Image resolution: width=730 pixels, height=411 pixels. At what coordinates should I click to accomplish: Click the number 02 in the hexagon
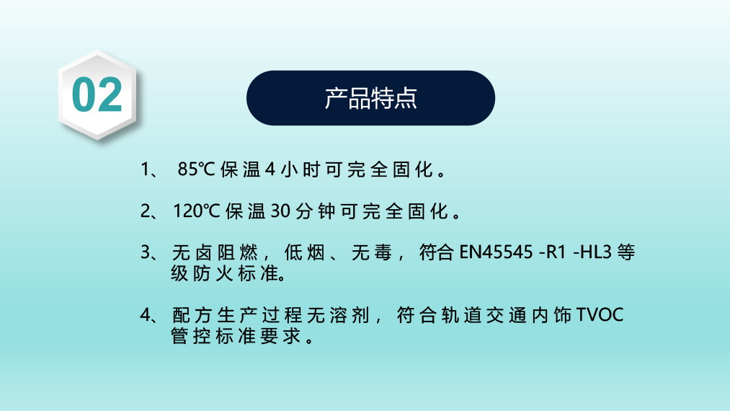[97, 95]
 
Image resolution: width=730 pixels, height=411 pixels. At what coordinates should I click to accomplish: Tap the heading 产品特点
[370, 98]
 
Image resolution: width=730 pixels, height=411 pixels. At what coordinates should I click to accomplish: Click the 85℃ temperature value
[196, 169]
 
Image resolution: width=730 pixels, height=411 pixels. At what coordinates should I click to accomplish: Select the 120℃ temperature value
[197, 211]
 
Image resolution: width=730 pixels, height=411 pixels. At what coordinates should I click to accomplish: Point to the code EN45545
[496, 252]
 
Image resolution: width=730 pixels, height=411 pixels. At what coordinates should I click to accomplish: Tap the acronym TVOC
[600, 314]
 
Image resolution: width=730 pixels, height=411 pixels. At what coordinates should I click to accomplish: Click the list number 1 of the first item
[146, 169]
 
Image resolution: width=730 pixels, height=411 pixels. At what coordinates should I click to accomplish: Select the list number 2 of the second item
[146, 211]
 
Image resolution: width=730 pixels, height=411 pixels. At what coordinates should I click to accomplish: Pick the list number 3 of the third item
[146, 252]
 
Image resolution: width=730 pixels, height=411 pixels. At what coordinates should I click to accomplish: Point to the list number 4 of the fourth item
[146, 315]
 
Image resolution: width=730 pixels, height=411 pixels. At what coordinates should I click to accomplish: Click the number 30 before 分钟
[281, 211]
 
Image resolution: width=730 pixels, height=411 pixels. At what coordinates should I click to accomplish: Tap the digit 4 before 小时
[270, 169]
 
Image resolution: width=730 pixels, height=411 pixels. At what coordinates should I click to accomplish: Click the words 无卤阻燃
[215, 252]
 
